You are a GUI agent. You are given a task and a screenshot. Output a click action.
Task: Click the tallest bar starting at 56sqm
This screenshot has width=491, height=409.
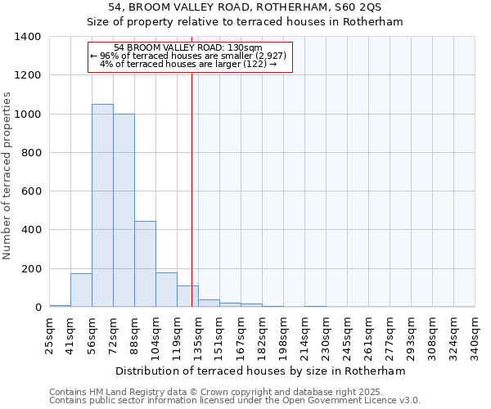click(x=102, y=205)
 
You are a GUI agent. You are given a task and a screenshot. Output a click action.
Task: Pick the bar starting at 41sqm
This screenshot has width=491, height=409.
click(x=81, y=290)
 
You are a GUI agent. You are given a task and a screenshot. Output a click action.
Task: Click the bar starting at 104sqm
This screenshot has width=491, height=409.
click(x=166, y=290)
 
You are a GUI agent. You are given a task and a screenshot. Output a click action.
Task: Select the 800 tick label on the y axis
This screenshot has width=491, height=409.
click(x=30, y=153)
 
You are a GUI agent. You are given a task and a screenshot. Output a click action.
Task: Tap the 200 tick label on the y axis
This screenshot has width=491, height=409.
click(x=30, y=269)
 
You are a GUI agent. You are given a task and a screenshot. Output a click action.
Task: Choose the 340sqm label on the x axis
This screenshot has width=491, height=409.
click(x=475, y=336)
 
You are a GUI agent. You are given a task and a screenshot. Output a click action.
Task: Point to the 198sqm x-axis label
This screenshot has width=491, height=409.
click(x=284, y=336)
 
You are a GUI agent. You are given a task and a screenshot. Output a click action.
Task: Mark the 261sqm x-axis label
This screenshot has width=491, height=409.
click(x=369, y=336)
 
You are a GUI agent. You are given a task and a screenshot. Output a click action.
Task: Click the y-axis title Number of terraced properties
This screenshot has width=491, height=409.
click(x=7, y=176)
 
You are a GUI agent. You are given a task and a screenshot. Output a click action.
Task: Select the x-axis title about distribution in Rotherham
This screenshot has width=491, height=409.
click(x=260, y=371)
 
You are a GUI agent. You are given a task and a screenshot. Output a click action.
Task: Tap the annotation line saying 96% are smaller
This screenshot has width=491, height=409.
click(x=188, y=56)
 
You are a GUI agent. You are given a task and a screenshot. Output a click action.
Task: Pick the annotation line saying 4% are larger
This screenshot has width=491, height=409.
click(x=188, y=64)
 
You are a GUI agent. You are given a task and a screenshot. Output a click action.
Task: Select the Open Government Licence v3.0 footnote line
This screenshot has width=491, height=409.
click(x=234, y=401)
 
